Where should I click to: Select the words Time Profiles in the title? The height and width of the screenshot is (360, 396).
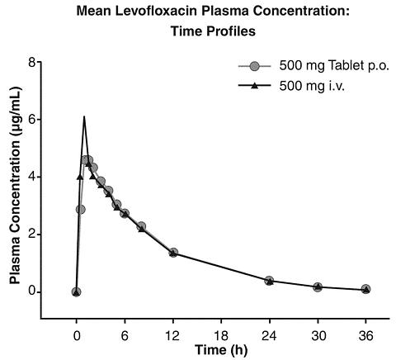tap(213, 31)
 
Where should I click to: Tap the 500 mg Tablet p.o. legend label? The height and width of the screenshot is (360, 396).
tap(334, 66)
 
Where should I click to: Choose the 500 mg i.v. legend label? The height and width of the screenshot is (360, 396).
tap(312, 86)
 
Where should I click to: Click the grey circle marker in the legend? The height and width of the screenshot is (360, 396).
tap(255, 66)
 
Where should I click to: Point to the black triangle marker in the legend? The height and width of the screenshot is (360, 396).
tap(255, 86)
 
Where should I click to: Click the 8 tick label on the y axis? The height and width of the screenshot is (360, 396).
tap(32, 62)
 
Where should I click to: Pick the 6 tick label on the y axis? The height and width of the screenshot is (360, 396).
tap(32, 120)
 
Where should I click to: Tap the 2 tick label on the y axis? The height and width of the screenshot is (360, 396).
tap(32, 234)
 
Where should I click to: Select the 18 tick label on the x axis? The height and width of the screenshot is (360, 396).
tap(221, 335)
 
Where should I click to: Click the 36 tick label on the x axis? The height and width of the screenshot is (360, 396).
tap(365, 335)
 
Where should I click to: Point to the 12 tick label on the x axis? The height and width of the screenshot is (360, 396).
tap(173, 335)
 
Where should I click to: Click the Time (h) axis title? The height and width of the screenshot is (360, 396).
tap(221, 350)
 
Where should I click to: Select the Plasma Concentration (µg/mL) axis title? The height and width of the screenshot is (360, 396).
tap(15, 186)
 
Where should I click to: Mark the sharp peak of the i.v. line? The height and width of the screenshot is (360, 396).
tap(84, 116)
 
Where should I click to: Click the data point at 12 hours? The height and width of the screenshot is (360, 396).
tap(173, 253)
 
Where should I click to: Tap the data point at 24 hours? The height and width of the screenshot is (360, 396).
tap(270, 281)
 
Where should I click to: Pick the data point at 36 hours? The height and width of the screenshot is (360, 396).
tap(365, 289)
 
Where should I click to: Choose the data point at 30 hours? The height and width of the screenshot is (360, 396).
tap(318, 287)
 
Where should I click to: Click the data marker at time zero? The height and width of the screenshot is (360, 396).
tap(76, 292)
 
